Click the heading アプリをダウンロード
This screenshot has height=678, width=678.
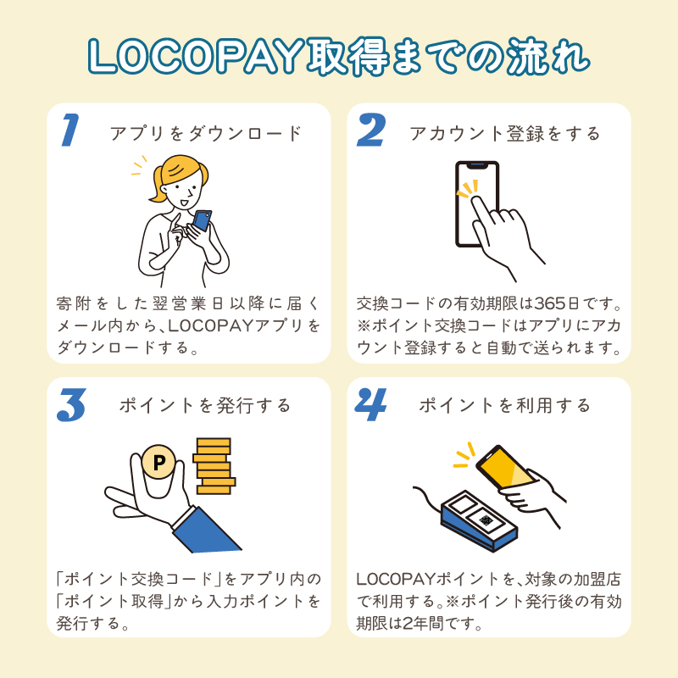(205, 134)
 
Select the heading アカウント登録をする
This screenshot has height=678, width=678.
(505, 134)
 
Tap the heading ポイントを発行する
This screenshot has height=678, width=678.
(205, 406)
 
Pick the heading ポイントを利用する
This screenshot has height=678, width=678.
(505, 406)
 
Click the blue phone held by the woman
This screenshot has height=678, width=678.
(202, 220)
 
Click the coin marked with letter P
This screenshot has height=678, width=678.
(158, 462)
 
